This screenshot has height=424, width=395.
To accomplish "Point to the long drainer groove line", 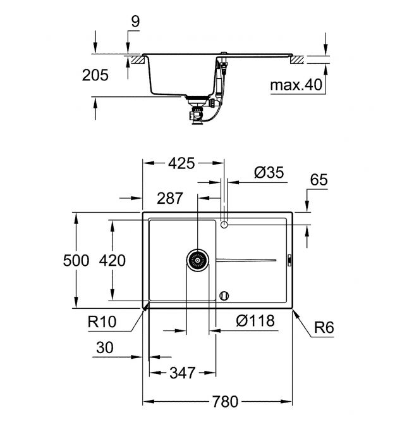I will (246, 260).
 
